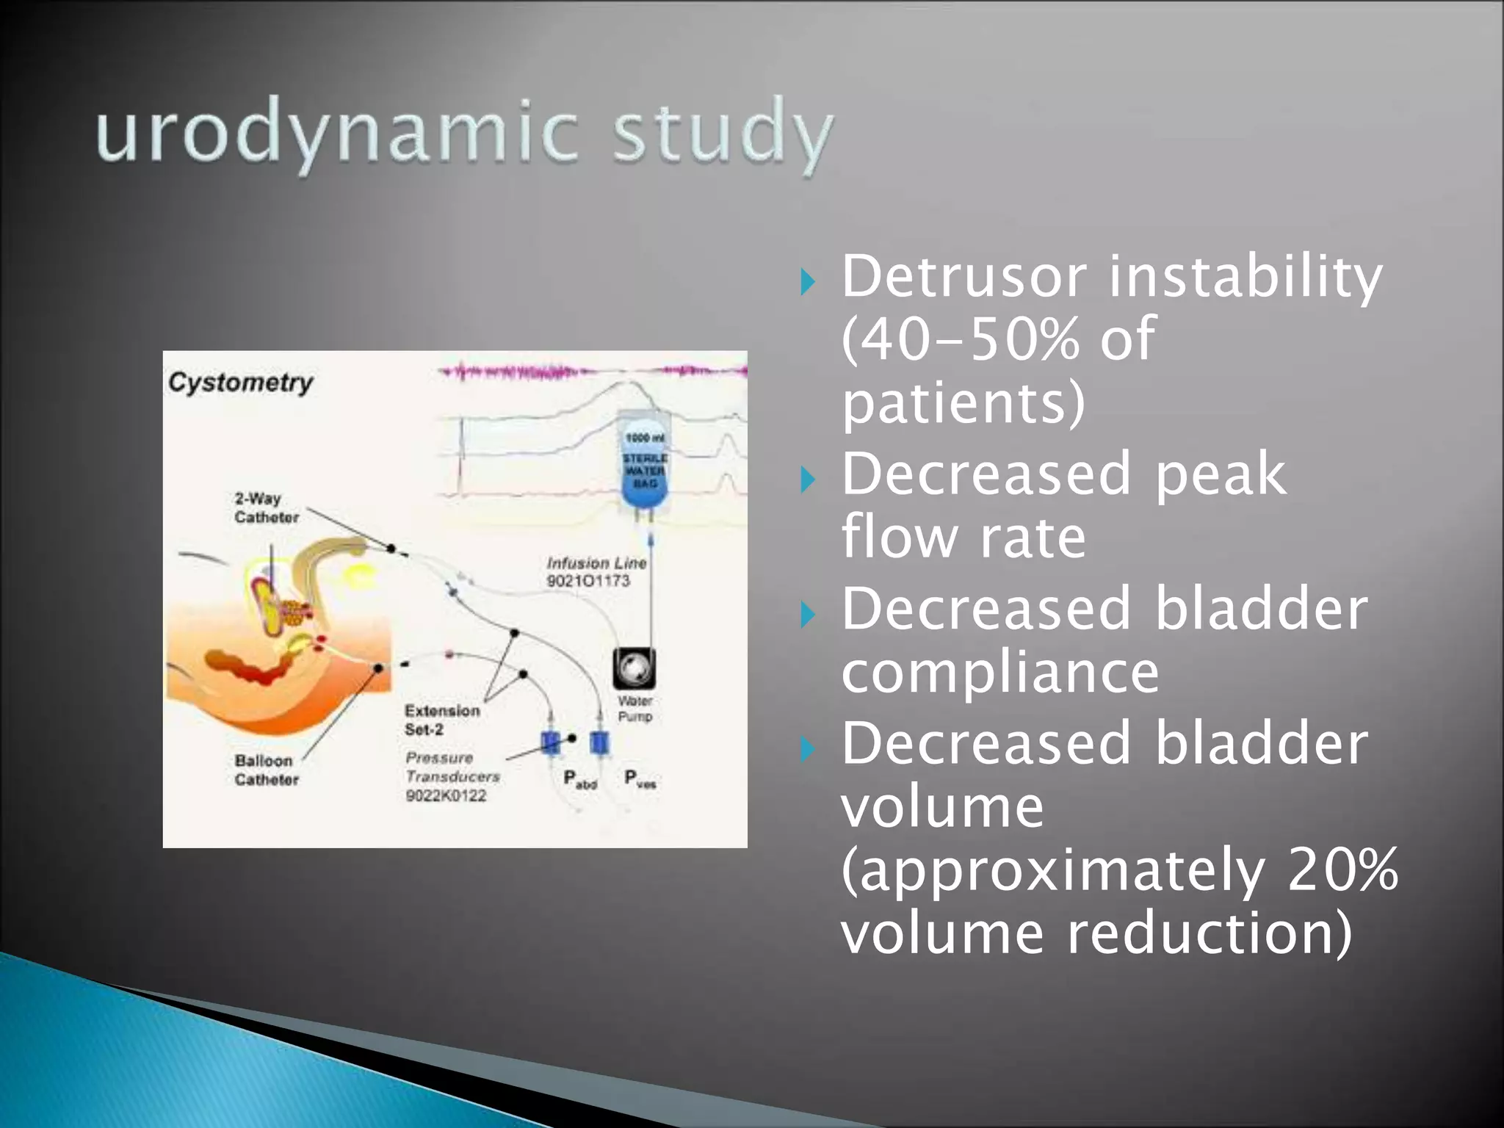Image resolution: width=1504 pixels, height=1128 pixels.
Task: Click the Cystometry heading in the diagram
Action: pyautogui.click(x=241, y=383)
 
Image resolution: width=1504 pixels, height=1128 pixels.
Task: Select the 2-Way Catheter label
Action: pyautogui.click(x=266, y=507)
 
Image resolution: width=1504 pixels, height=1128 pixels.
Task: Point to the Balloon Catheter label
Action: pyautogui.click(x=266, y=770)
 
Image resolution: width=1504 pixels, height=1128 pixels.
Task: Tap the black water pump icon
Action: pyautogui.click(x=634, y=668)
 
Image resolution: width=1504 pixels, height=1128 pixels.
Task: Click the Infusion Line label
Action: pyautogui.click(x=596, y=563)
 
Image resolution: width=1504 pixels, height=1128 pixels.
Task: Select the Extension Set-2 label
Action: pyautogui.click(x=441, y=720)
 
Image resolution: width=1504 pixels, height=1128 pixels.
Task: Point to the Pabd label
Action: pyautogui.click(x=579, y=779)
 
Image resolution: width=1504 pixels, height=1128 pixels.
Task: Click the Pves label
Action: pyautogui.click(x=640, y=779)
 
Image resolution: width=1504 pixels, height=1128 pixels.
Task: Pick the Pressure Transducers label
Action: pyautogui.click(x=452, y=767)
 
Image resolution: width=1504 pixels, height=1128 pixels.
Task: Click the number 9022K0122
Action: pyautogui.click(x=446, y=796)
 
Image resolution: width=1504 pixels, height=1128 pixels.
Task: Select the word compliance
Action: pyautogui.click(x=999, y=672)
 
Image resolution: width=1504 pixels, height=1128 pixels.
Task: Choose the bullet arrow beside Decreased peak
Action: pyautogui.click(x=808, y=480)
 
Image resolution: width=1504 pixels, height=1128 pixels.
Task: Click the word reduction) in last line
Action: pyautogui.click(x=1208, y=933)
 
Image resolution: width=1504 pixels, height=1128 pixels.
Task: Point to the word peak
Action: pyautogui.click(x=1219, y=475)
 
